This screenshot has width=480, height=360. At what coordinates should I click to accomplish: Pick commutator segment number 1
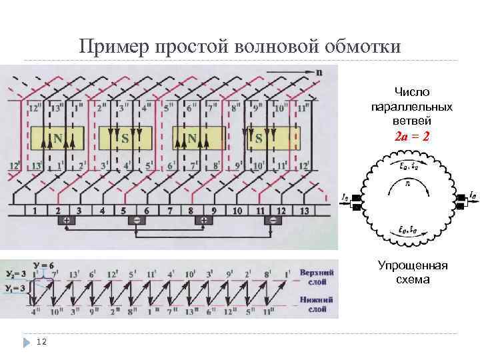point(35,211)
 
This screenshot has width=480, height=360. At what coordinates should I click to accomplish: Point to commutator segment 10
point(237,211)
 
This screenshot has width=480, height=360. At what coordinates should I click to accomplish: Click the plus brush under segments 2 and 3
point(67,221)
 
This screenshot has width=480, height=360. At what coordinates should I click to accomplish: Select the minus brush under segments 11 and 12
point(272,221)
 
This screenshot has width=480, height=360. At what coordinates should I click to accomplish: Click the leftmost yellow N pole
point(59,139)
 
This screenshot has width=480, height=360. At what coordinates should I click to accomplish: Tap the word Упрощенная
point(413,267)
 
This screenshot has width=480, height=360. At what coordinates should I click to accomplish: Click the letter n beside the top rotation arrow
point(319,71)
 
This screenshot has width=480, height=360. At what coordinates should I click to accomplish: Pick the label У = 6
point(47,265)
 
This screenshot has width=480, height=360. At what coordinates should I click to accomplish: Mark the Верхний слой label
point(317,277)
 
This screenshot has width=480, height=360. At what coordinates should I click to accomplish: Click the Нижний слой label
point(316,304)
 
